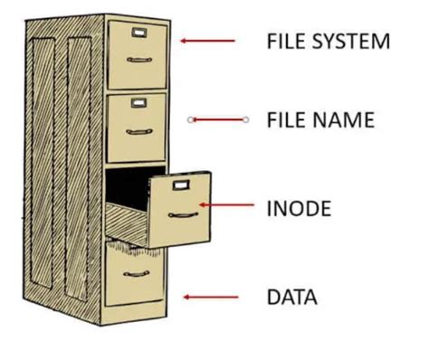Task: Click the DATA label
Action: [x=291, y=297]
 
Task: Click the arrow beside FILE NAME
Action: [x=218, y=119]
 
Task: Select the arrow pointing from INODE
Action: [x=226, y=206]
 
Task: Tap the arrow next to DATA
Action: [x=210, y=297]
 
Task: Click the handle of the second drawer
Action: [x=138, y=132]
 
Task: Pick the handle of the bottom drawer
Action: [x=137, y=275]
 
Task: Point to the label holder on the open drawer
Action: [x=181, y=185]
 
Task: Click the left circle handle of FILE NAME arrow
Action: [x=190, y=119]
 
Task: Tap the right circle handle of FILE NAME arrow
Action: [x=246, y=119]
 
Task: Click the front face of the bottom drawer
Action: [x=136, y=289]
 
